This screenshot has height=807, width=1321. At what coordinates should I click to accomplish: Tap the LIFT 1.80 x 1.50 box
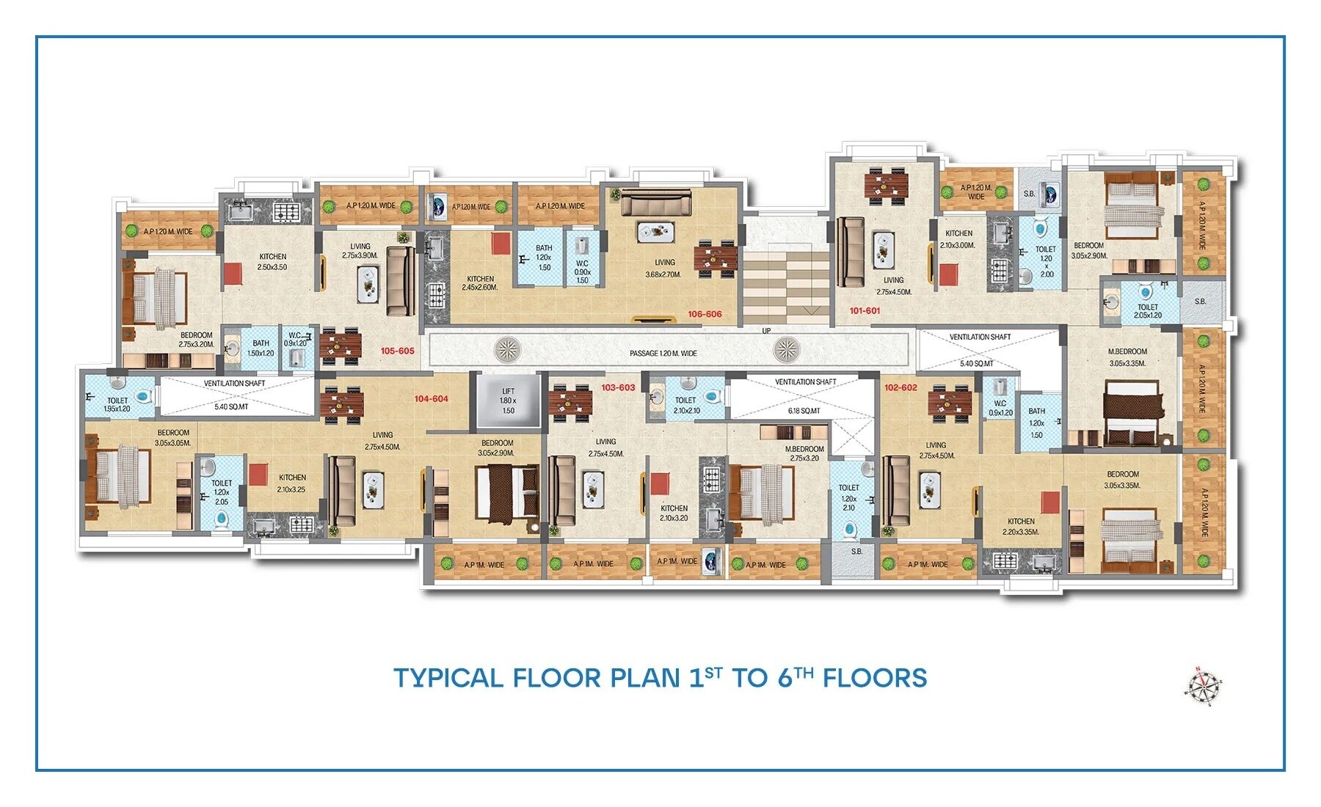point(508,401)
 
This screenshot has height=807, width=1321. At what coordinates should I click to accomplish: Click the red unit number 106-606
point(705,314)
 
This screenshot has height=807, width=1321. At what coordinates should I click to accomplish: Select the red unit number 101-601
point(865,310)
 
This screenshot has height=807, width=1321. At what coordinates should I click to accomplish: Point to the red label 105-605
point(397,351)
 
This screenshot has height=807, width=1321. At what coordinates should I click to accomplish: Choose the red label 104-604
point(431,399)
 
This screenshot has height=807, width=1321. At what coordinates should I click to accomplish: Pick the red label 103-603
point(618,387)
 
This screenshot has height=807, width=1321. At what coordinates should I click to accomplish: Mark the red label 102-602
point(900,387)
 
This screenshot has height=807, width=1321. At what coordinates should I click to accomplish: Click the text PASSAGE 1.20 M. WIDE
point(663,354)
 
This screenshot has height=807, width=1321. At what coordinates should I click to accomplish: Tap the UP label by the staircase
point(766,331)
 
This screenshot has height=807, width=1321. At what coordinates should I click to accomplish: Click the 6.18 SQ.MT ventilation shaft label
point(804,411)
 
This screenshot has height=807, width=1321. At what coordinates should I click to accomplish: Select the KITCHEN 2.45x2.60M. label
point(480,283)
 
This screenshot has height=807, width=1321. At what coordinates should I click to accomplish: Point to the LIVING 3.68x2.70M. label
point(664,268)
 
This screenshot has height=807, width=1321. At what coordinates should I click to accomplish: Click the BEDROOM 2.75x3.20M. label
point(196,340)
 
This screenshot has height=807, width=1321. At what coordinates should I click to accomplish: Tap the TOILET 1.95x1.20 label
point(117,405)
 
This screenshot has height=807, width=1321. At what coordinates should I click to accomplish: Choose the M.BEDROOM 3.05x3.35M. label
point(1127,357)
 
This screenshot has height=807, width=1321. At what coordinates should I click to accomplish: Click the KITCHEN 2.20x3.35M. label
point(1021,527)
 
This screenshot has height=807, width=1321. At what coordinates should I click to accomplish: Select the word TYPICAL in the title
point(448,678)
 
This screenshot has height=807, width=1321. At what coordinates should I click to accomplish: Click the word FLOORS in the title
point(875,678)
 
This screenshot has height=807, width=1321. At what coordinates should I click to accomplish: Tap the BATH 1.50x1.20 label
point(261,348)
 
